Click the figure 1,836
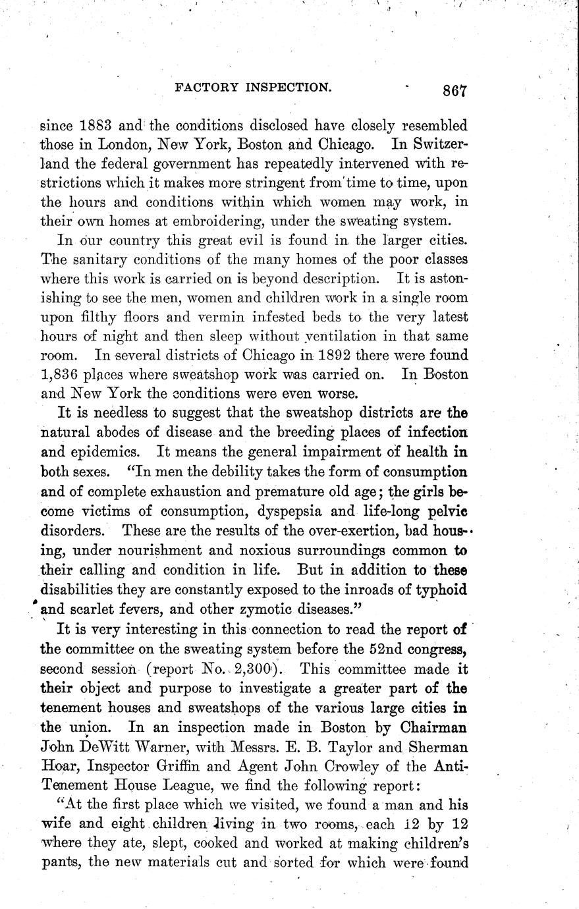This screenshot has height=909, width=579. tap(61, 373)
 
